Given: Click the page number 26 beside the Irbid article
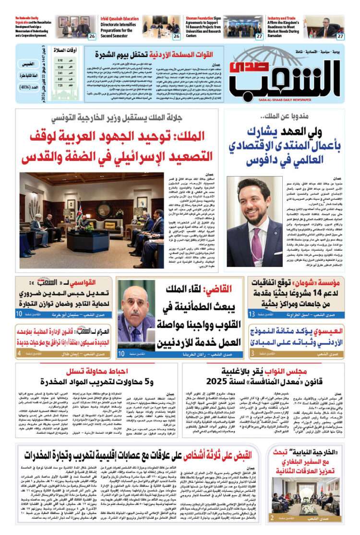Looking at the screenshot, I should (x=177, y=36).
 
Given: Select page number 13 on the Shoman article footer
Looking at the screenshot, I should (x=252, y=315).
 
